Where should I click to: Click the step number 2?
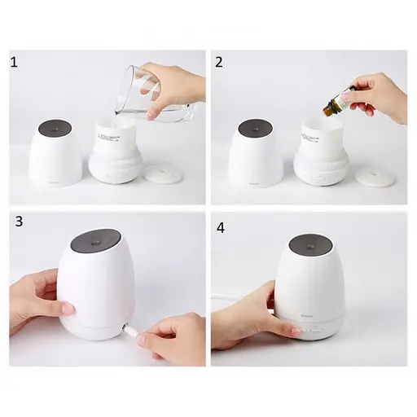(x=218, y=64)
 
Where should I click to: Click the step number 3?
(x=17, y=222)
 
